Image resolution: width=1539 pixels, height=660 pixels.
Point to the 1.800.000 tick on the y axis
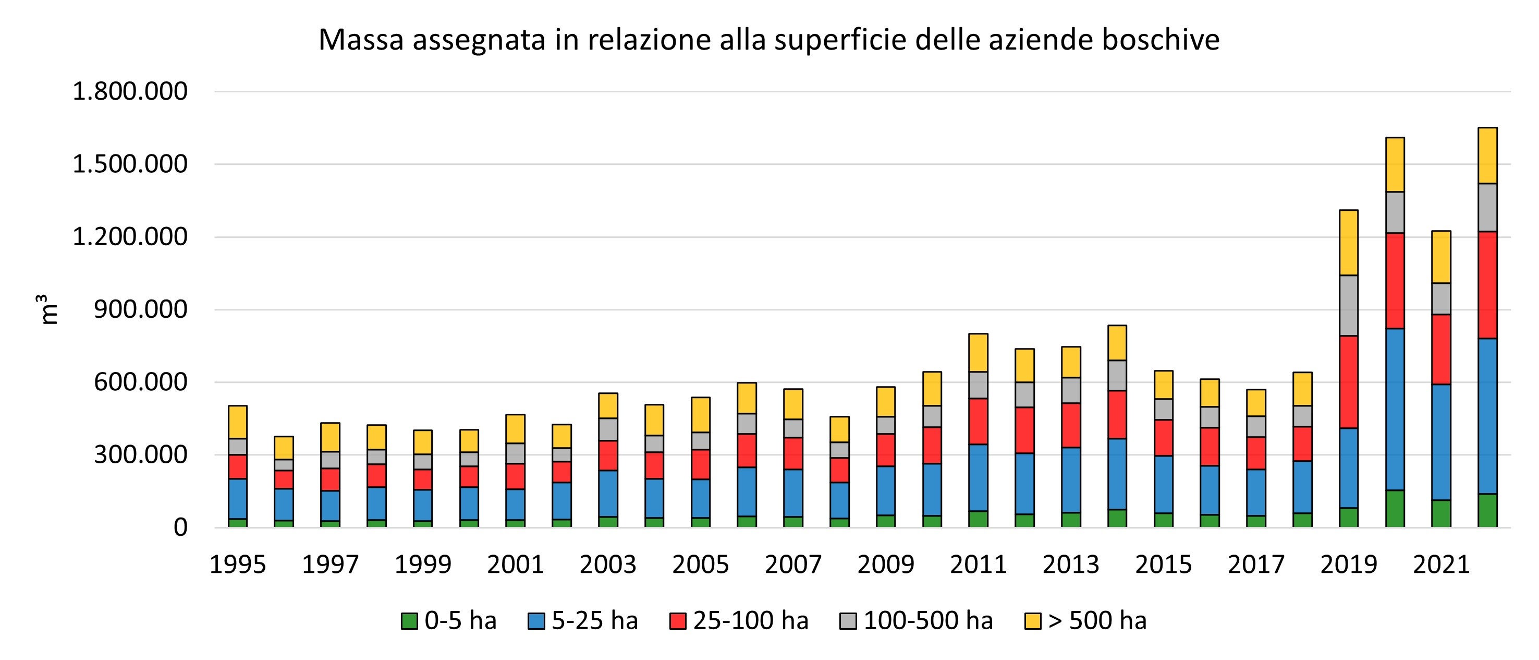(x=130, y=91)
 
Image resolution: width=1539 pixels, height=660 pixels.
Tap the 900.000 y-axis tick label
(x=140, y=310)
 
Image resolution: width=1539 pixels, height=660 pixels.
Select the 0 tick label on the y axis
(x=180, y=527)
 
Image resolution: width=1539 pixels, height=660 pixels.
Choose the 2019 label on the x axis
(x=1348, y=565)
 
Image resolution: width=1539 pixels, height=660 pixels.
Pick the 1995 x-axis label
(x=237, y=565)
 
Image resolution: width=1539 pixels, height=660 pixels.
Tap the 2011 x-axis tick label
(x=978, y=565)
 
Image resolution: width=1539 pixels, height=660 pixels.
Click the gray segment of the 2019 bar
(x=1348, y=306)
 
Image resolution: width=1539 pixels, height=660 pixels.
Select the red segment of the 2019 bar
(x=1348, y=382)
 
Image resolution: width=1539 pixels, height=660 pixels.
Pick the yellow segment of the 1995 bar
(x=238, y=422)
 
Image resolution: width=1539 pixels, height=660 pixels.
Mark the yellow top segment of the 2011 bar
(x=978, y=353)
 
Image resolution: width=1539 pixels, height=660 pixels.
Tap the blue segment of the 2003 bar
(x=607, y=493)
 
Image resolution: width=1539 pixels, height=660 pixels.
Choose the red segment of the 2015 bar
(x=1163, y=438)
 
